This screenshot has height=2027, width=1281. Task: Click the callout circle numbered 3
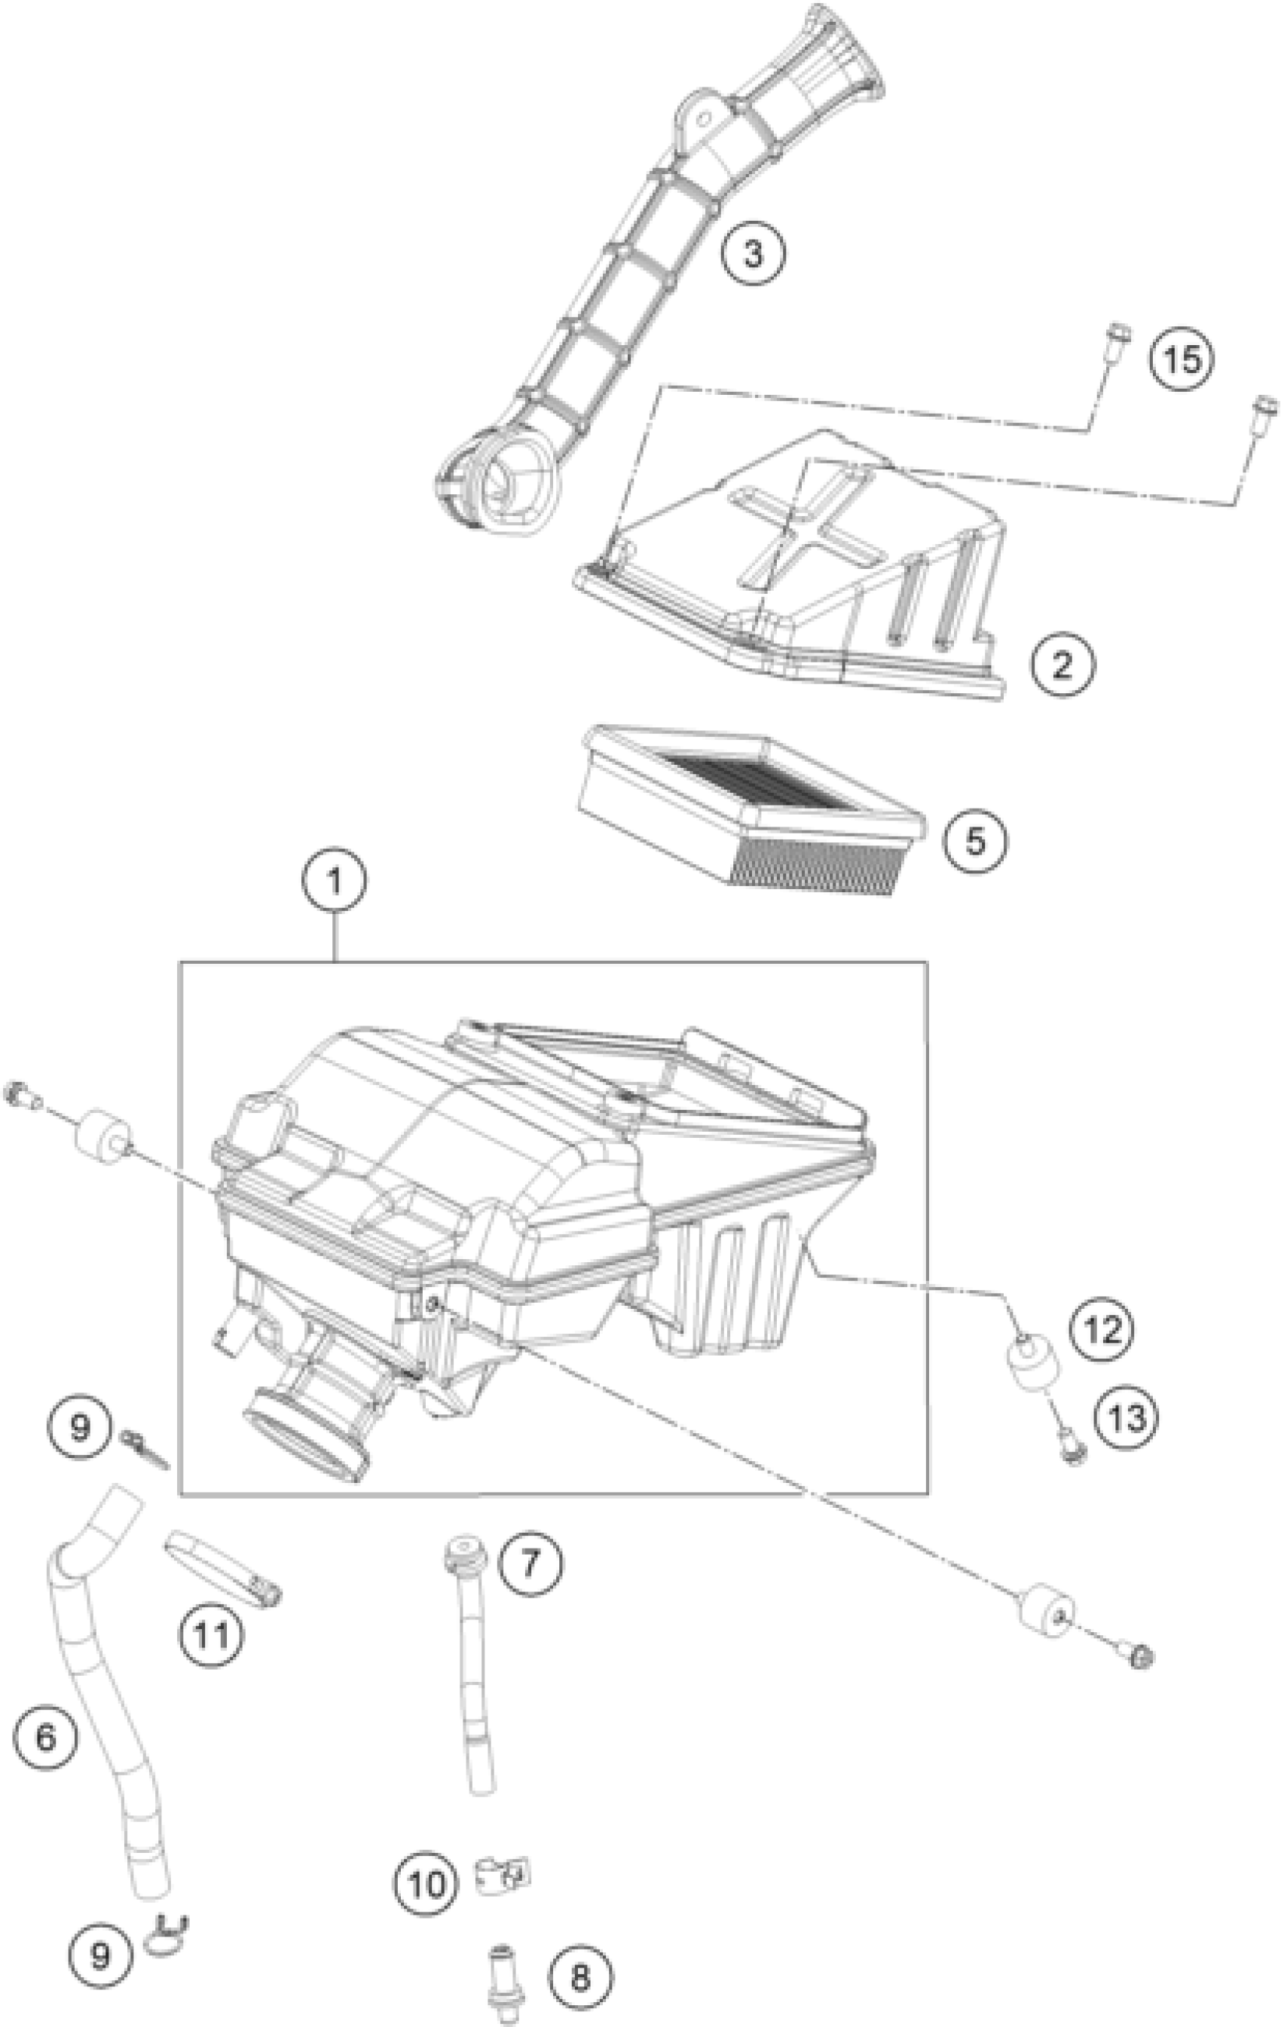tap(753, 252)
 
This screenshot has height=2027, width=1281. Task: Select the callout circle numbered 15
tap(1182, 359)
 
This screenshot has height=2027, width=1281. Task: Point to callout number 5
tap(974, 840)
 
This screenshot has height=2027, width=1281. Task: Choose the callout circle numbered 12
tap(1102, 1330)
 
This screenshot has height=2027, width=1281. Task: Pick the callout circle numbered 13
tap(1126, 1418)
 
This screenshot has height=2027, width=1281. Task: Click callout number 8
tap(581, 1977)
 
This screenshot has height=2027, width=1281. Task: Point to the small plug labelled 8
tap(502, 1973)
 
